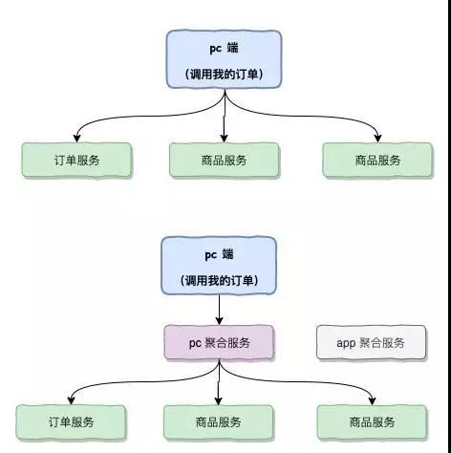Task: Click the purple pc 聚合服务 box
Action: coord(220,342)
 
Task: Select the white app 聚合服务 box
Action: coord(372,342)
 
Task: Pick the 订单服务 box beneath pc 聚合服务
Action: coord(71,421)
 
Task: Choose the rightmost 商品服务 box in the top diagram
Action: coord(376,160)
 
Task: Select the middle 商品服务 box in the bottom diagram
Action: coord(218,421)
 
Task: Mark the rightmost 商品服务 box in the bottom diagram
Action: coord(371,421)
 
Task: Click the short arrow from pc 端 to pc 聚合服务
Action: coord(220,308)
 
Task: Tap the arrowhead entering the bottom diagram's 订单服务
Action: coord(70,400)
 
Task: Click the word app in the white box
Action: coord(346,342)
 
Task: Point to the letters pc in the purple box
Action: coord(195,342)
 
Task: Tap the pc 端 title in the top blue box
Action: coord(225,46)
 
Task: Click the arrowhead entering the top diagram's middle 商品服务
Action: coord(224,140)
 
